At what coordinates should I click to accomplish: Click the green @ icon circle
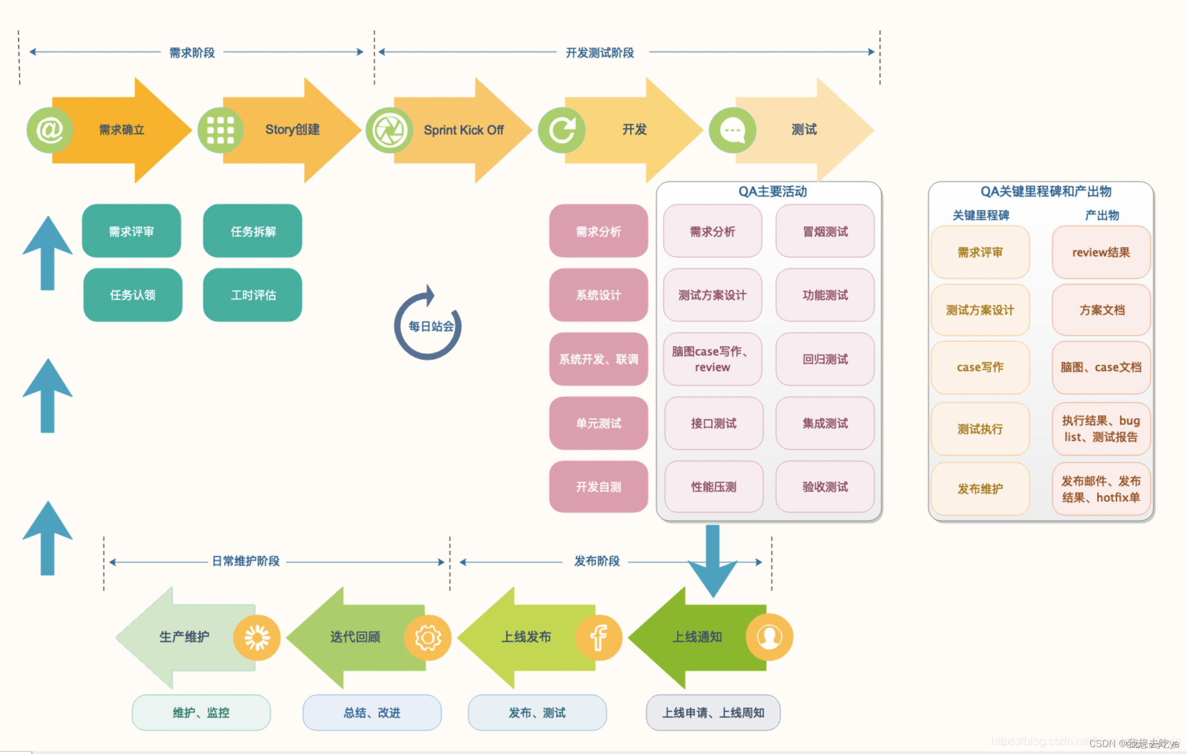coord(49,130)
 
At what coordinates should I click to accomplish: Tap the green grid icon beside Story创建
coord(220,130)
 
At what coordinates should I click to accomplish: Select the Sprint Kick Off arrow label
coord(463,130)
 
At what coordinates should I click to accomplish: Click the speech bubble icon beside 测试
coord(732,130)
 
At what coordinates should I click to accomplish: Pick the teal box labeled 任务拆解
coord(253,231)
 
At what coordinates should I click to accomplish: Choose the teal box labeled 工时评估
coord(253,295)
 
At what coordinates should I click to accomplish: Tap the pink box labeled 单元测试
coord(598,423)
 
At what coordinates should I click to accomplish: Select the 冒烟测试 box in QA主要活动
coord(824,231)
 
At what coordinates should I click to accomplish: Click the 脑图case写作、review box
coord(712,359)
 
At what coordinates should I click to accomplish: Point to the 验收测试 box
coord(824,486)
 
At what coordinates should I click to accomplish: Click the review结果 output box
coord(1101,252)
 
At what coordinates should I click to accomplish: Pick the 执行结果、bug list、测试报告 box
coord(1101,429)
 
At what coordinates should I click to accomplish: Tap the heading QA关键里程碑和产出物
coord(1045,191)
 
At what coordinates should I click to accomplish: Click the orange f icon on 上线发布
coord(598,637)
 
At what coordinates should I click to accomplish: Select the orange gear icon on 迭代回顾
coord(428,637)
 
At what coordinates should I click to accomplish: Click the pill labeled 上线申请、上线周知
coord(713,713)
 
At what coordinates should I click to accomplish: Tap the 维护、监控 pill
coord(201,713)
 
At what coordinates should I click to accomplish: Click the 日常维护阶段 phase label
coord(246,561)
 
